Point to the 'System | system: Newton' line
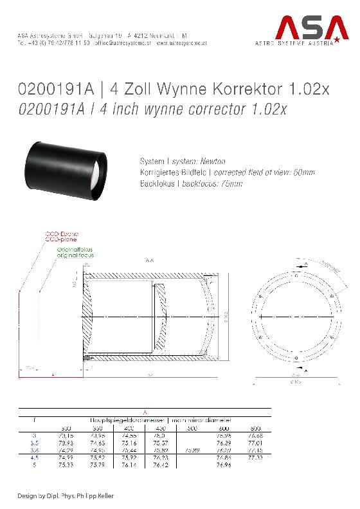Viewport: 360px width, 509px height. [183, 161]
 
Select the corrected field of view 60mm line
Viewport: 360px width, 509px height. [227, 172]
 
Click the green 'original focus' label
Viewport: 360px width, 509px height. [75, 256]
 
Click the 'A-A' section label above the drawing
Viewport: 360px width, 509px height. [150, 261]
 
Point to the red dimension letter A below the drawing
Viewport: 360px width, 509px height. [53, 373]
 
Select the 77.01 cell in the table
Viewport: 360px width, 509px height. [256, 443]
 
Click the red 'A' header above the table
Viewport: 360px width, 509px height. [145, 412]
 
